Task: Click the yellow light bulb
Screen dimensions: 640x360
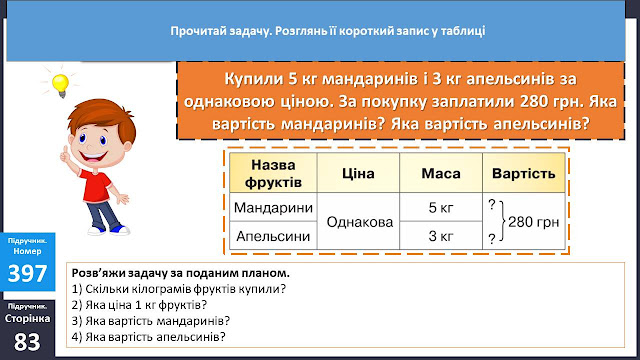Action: click(61, 85)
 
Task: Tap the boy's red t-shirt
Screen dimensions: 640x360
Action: click(95, 186)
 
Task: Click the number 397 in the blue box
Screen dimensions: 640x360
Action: click(27, 273)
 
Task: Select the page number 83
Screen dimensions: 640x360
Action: click(27, 342)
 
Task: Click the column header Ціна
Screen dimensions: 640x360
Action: click(358, 173)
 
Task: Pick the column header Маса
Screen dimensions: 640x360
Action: click(441, 173)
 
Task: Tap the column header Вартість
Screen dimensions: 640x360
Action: click(524, 173)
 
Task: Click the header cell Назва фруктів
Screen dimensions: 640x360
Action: click(273, 173)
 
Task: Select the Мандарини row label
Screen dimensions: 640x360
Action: click(273, 208)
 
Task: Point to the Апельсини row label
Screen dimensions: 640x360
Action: click(273, 236)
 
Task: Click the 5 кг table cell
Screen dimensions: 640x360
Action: click(441, 208)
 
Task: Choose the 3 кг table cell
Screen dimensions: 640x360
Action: click(441, 236)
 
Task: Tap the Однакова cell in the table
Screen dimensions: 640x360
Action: click(360, 222)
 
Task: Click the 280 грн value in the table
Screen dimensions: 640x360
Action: click(533, 222)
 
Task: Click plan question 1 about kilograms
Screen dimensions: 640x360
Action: click(179, 289)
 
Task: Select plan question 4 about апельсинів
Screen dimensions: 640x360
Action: click(148, 337)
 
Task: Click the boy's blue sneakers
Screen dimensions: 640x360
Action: click(109, 231)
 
